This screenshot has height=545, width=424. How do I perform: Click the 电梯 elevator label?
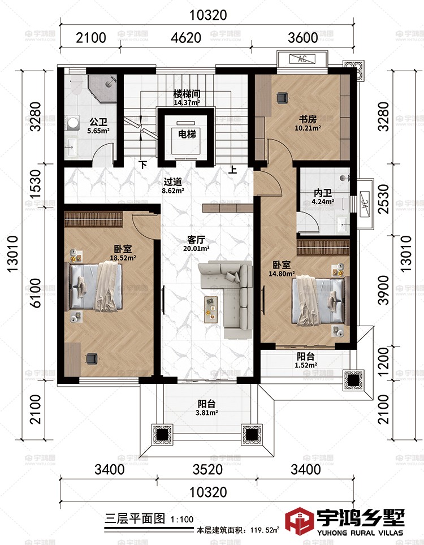187,134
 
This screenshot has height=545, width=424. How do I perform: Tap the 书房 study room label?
308,119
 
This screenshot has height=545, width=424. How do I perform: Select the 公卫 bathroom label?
98,122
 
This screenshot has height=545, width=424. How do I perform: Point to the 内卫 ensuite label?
322,193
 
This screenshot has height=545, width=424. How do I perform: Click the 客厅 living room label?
196,240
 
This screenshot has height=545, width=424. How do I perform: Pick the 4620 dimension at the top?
186,37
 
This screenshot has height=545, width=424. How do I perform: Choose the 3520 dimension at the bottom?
207,469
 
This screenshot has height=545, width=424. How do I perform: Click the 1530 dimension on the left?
36,184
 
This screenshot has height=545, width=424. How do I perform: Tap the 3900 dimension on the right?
383,290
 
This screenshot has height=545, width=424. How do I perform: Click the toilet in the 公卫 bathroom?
76,86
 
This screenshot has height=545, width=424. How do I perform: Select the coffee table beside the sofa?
211,310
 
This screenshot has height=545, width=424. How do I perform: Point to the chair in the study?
282,98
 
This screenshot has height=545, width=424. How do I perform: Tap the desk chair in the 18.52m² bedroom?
92,358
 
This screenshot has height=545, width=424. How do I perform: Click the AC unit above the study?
302,59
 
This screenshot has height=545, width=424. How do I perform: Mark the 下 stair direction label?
143,165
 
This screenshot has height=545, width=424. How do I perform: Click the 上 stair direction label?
232,170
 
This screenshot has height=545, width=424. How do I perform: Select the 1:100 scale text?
182,520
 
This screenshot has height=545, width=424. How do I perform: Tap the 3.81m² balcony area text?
207,413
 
